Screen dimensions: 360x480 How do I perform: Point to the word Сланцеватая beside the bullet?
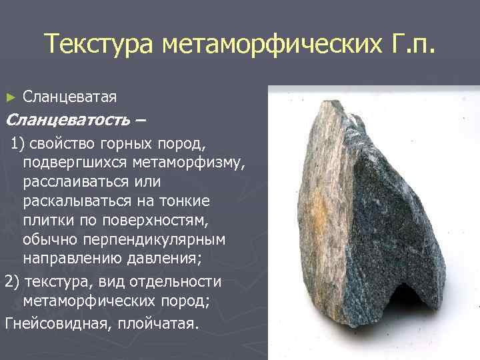pos(70,97)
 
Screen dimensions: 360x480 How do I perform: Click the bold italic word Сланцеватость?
pos(67,121)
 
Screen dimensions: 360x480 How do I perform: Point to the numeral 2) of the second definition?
pos(11,281)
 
